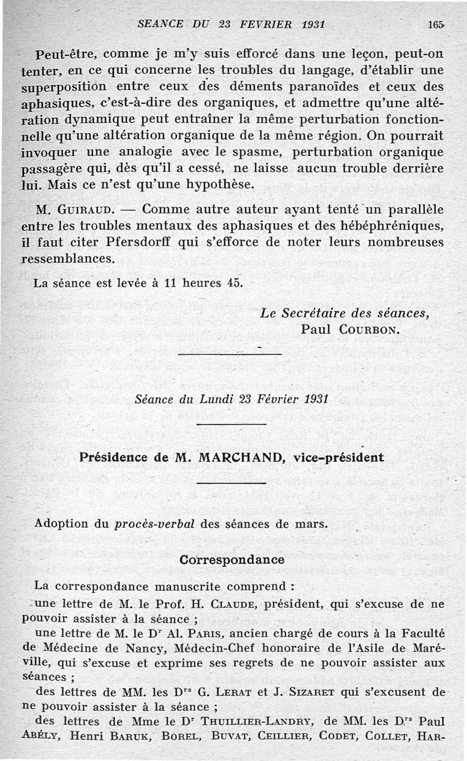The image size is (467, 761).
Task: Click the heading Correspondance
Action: pos(232,560)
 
